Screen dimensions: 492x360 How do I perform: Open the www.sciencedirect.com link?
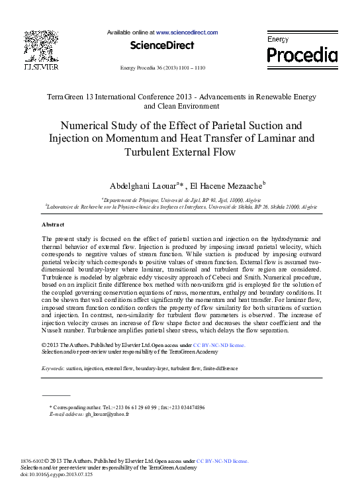point(187,32)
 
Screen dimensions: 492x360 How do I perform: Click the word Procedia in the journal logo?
point(302,54)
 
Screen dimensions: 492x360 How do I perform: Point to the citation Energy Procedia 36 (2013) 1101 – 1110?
point(162,68)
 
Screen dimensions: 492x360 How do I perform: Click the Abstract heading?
point(54,224)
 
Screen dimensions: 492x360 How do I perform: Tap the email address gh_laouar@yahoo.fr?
point(107,414)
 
